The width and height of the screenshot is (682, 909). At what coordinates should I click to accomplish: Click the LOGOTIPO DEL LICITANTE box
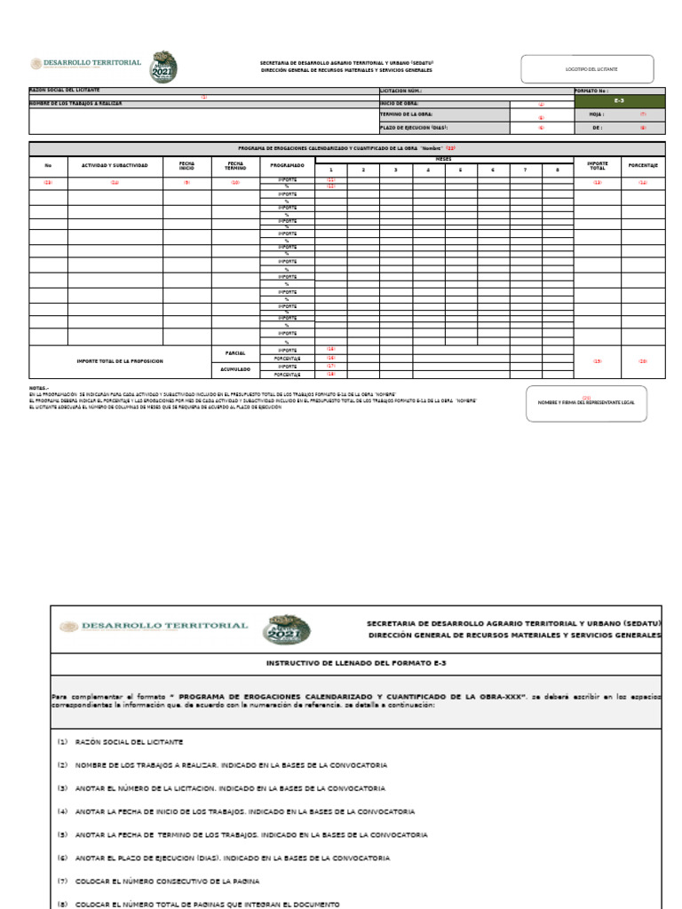(586, 69)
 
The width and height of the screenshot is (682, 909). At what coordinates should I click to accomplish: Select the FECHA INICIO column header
(186, 165)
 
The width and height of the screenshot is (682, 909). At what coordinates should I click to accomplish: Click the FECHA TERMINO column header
(235, 165)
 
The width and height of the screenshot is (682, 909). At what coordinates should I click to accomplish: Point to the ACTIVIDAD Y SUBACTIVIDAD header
(115, 165)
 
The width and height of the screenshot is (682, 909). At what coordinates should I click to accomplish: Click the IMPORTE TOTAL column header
(598, 165)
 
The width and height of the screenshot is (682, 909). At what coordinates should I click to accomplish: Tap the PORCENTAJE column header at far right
(643, 165)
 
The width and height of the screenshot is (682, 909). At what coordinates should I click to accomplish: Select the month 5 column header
(460, 170)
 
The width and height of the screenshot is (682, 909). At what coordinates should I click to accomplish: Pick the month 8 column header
(558, 170)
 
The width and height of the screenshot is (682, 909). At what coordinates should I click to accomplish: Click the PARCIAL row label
(235, 353)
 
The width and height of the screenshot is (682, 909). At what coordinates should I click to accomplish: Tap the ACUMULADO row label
(235, 369)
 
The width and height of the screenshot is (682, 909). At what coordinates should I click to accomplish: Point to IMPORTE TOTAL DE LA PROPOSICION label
(120, 361)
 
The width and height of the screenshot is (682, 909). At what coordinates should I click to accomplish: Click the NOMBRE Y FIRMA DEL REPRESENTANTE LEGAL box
(586, 403)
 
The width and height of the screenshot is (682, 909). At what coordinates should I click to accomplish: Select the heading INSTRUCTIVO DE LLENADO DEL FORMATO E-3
(355, 663)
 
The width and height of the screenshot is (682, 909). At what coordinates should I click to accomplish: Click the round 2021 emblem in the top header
(163, 67)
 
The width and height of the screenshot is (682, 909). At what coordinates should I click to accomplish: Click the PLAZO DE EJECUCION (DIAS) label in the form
(408, 128)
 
